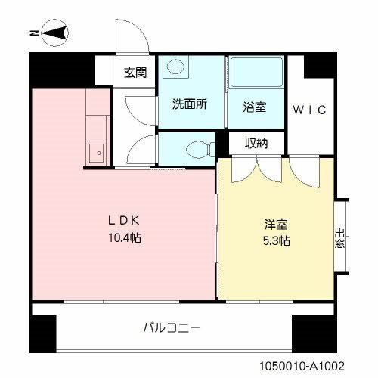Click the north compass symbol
tap(53, 33)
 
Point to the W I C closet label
tap(309, 110)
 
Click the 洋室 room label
tap(274, 225)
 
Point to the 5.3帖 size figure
tap(274, 241)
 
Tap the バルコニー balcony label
tap(172, 328)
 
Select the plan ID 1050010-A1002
tap(312, 364)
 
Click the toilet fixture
tap(195, 147)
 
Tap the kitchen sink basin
tap(96, 153)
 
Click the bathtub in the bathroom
tap(256, 76)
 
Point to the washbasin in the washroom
tap(175, 68)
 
